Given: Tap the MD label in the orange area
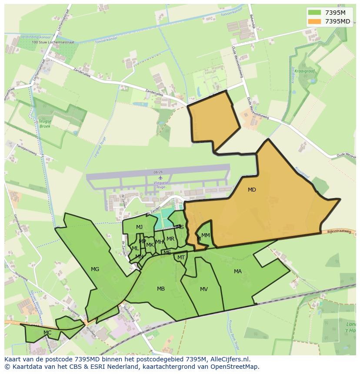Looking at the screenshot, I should (252, 190).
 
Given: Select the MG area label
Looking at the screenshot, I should (95, 269).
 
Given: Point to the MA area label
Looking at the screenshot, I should (237, 271).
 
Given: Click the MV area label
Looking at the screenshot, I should (204, 289).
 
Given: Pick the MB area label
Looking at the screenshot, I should (161, 289).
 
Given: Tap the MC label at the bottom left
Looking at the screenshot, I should (47, 333).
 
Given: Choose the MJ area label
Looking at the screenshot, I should (139, 227).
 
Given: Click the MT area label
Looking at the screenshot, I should (181, 258).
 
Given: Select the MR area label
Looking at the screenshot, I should (170, 239).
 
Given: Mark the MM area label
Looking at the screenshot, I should (206, 235).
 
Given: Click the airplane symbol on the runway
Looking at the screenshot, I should (160, 178).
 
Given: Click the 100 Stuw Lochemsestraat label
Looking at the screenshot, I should (53, 43).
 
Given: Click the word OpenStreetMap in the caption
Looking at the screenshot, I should (235, 367).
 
